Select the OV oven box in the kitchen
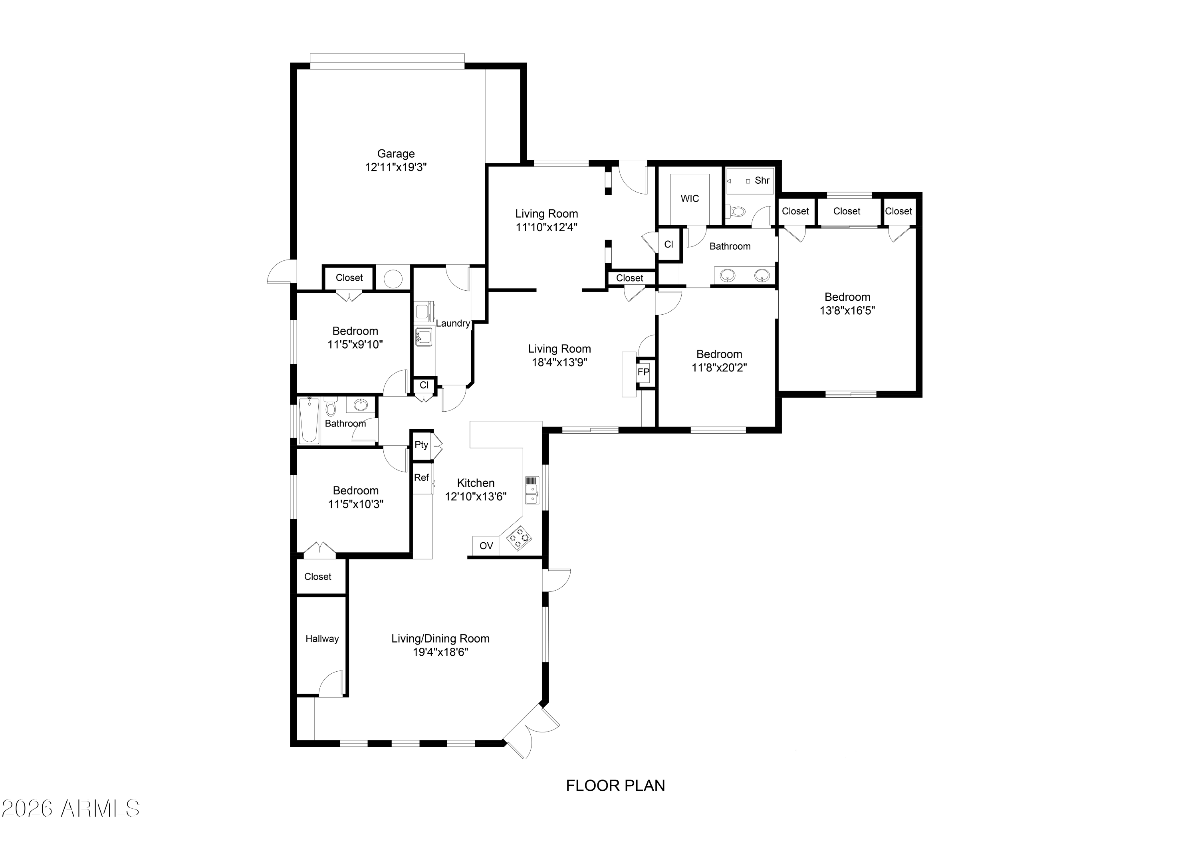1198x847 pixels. coord(486,546)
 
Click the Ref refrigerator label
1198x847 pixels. coord(421,478)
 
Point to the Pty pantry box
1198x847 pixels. coord(421,445)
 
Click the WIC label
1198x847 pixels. coord(689,198)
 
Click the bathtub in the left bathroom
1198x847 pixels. coord(309,420)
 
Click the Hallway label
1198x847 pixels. coord(322,639)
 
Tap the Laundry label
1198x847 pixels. coord(452,323)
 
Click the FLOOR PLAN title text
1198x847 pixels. coord(615,786)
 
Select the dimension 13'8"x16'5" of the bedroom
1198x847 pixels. coord(847,311)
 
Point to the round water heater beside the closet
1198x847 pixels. coord(393,279)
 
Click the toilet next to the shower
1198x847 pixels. coord(737,211)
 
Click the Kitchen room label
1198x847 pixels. coord(475,483)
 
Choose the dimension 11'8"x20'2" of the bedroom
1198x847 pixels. coord(719,367)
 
